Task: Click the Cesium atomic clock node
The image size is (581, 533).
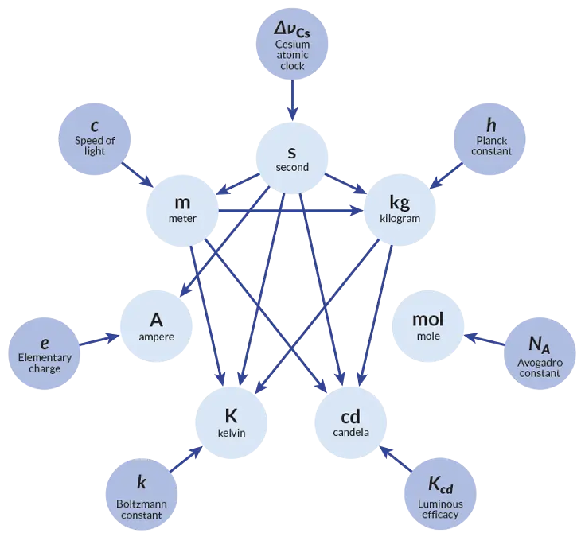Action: (x=292, y=44)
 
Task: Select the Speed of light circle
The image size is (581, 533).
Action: (x=95, y=139)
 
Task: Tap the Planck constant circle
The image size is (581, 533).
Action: (x=489, y=139)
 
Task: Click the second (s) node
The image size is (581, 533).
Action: (x=292, y=158)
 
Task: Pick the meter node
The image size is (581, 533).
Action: (x=182, y=211)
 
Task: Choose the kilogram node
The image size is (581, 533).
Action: (x=400, y=210)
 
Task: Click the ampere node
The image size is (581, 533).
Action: (x=156, y=326)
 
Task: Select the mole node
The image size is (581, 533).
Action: (x=428, y=326)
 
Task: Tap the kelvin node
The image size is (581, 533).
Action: (x=232, y=423)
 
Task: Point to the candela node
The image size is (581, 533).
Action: (x=350, y=423)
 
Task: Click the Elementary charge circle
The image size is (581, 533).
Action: (x=45, y=353)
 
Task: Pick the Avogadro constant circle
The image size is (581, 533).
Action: (x=540, y=353)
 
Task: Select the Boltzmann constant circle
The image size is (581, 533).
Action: (x=142, y=495)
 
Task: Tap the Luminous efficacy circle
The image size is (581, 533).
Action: (x=440, y=494)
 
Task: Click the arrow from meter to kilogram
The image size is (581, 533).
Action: (x=290, y=211)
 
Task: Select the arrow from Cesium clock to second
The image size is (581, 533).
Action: (x=293, y=100)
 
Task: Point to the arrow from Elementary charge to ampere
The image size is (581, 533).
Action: (x=99, y=340)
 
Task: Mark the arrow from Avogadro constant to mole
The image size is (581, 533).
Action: (x=484, y=340)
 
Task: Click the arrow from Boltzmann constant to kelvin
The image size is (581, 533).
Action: (x=186, y=459)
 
